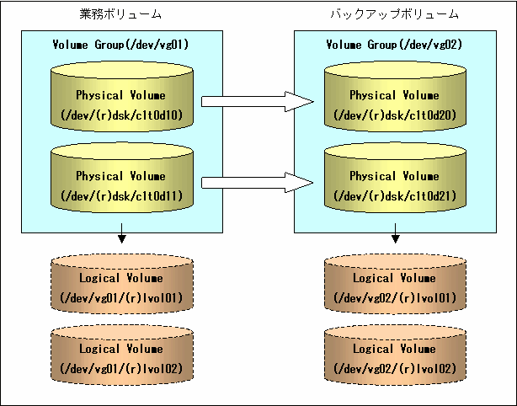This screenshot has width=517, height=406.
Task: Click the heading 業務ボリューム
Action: [120, 13]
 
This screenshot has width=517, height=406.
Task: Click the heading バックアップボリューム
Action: [394, 13]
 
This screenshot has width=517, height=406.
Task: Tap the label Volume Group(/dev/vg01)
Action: [120, 45]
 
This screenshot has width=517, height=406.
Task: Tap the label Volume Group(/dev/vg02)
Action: [394, 45]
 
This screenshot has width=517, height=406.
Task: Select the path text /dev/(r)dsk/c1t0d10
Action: [121, 115]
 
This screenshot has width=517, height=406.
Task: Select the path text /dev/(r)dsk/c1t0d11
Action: [121, 196]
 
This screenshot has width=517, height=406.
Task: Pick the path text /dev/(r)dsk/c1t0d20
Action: [395, 115]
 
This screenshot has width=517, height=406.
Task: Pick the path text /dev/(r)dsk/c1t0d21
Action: [395, 196]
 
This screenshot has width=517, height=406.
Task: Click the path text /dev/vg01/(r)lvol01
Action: [121, 298]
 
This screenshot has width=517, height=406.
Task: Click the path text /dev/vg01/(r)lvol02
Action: [121, 368]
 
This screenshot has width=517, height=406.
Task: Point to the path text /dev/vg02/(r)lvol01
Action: [395, 298]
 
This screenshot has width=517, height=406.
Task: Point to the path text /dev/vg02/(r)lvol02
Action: [395, 368]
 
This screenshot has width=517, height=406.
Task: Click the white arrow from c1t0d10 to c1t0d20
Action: [258, 102]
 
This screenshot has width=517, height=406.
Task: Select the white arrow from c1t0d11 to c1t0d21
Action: [258, 183]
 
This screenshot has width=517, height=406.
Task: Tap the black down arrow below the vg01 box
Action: [122, 233]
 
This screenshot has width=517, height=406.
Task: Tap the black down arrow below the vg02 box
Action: [396, 233]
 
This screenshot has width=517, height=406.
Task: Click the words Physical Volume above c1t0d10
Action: [120, 95]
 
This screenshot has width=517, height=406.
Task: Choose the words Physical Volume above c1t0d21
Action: [394, 176]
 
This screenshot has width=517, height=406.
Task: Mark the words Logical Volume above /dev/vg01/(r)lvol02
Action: [121, 349]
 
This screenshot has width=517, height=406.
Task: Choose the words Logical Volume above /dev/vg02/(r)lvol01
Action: [394, 278]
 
